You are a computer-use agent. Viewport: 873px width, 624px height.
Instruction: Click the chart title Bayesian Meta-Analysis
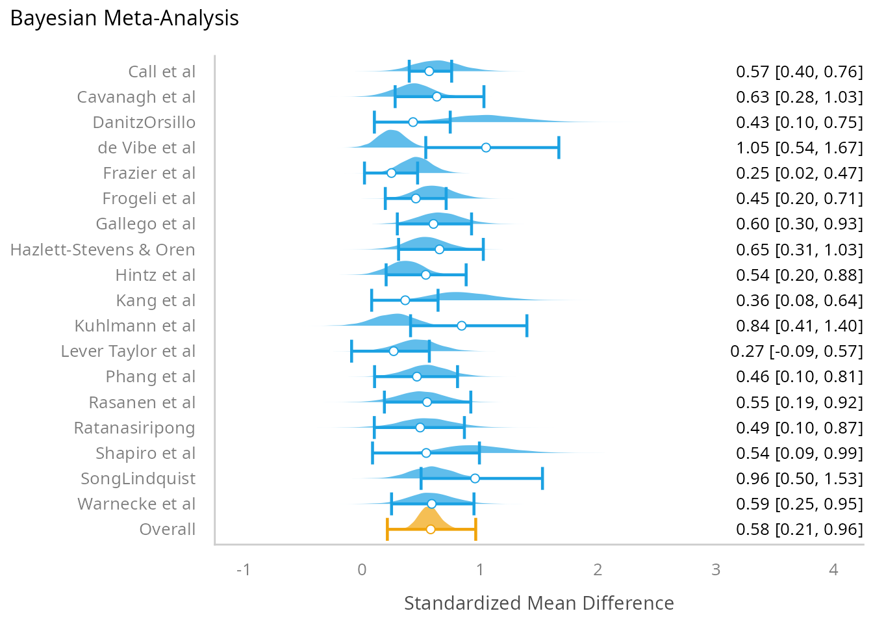125,18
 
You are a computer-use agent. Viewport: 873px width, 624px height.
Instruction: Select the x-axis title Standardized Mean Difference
538,603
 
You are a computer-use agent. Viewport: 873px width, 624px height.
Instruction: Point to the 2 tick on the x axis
598,570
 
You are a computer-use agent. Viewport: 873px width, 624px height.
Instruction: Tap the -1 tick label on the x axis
244,570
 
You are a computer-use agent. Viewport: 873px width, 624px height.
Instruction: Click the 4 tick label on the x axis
833,570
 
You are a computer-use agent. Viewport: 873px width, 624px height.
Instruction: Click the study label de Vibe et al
146,148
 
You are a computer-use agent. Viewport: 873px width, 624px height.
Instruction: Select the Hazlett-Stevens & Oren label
103,250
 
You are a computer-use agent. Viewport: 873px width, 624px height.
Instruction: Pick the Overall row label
167,529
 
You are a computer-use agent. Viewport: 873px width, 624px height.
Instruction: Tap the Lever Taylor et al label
128,351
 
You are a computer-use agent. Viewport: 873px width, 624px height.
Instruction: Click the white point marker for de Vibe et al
486,148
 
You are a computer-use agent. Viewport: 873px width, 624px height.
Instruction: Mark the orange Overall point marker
430,529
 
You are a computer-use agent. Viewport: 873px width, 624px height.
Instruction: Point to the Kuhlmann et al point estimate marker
461,326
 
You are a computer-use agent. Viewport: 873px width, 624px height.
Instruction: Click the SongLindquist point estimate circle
475,478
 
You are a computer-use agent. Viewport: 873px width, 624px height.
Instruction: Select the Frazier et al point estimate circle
391,173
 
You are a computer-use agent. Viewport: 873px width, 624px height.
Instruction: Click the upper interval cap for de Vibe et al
559,148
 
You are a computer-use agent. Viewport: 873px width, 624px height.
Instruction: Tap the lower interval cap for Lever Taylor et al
351,351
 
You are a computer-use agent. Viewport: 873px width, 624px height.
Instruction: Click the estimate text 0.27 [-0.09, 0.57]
796,351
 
